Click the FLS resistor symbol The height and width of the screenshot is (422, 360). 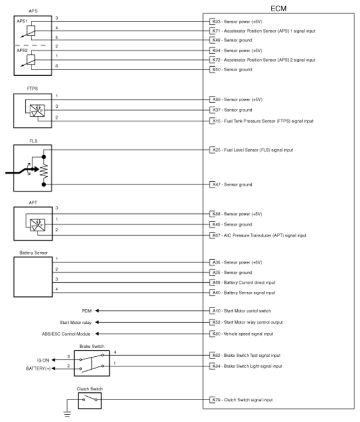coord(43,167)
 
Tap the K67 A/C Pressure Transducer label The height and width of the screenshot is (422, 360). coord(257,235)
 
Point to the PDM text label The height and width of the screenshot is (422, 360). coord(86,310)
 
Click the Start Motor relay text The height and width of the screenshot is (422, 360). coord(75,322)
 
